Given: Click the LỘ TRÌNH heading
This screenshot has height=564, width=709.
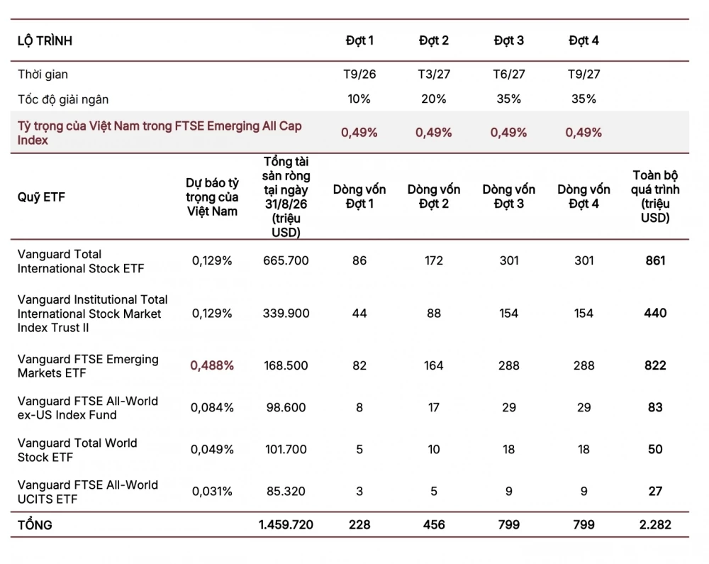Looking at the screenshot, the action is [x=45, y=40].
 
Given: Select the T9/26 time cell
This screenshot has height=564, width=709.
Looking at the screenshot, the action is [x=359, y=74].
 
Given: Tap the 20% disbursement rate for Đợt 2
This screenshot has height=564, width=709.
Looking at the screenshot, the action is [x=434, y=99].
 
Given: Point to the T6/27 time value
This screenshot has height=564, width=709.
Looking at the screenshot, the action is [x=508, y=74].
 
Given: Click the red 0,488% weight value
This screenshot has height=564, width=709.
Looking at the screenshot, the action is [x=212, y=365].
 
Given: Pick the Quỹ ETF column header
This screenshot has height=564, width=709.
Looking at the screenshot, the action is [x=41, y=197].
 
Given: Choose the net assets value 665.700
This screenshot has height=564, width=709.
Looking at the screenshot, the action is [x=286, y=260].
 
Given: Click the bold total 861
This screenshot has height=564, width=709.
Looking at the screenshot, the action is [x=655, y=260].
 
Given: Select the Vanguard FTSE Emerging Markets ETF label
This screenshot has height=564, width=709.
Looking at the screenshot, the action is [x=88, y=366].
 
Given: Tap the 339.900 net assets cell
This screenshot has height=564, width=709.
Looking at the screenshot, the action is [x=286, y=313].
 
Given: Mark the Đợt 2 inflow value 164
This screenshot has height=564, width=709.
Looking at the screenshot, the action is [x=434, y=365].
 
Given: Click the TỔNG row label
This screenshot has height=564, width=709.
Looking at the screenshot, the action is [x=35, y=525].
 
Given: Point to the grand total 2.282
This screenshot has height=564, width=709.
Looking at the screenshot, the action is [x=655, y=525].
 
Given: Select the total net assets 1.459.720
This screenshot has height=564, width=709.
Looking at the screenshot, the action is [x=286, y=525].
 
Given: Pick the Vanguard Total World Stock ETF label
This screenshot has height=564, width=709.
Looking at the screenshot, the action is [x=77, y=450].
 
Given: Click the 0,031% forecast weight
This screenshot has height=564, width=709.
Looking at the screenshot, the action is [x=212, y=491].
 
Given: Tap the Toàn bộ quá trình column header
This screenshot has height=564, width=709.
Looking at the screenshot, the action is [x=655, y=197].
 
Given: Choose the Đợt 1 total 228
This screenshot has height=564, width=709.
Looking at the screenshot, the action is [x=359, y=525].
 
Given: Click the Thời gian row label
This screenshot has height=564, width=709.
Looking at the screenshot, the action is [x=43, y=74].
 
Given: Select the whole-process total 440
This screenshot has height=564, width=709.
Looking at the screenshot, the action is [x=655, y=313].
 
